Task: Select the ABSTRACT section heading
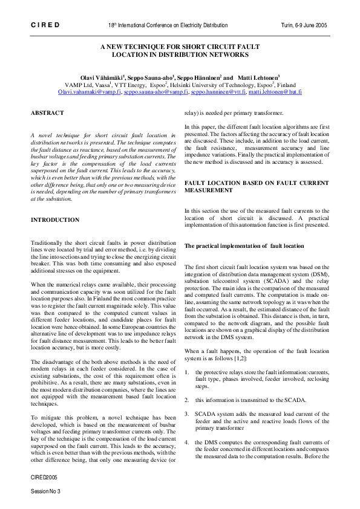(47, 112)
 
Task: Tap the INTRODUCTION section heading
(56, 219)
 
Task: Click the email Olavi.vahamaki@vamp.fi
(88, 92)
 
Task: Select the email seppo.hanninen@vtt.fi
(218, 92)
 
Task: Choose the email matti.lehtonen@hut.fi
(275, 92)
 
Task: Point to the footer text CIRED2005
(44, 477)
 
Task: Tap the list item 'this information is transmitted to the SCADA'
(250, 400)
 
